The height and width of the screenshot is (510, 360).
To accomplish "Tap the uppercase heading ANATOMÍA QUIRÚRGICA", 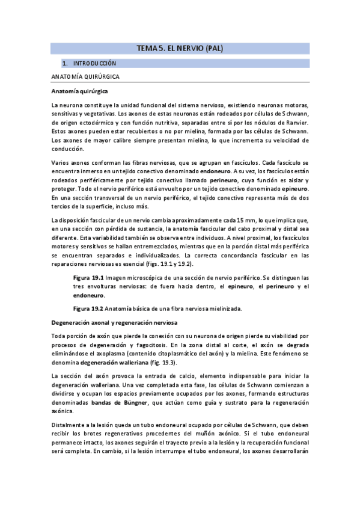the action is point(85,78).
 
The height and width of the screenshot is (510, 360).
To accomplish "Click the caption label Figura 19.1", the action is point(89,277).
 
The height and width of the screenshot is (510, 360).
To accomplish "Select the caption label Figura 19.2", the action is point(89,309).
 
